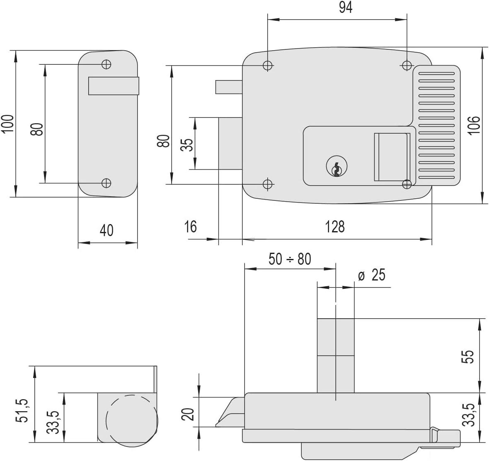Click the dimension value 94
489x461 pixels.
[346, 7]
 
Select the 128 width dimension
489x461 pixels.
[335, 227]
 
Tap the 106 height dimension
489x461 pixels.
[474, 125]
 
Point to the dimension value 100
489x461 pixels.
[8, 124]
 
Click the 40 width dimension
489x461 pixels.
[107, 230]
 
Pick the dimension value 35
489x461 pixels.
[187, 145]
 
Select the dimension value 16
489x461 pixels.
[190, 227]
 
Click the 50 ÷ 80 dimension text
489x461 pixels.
[290, 259]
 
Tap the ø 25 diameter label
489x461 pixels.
[372, 275]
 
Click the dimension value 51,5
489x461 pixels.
[22, 408]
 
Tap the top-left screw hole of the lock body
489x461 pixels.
[268, 66]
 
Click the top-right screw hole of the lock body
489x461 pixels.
[407, 66]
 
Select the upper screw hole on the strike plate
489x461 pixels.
[107, 64]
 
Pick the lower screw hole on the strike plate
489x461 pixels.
[107, 183]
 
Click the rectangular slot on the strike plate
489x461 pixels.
[114, 85]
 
